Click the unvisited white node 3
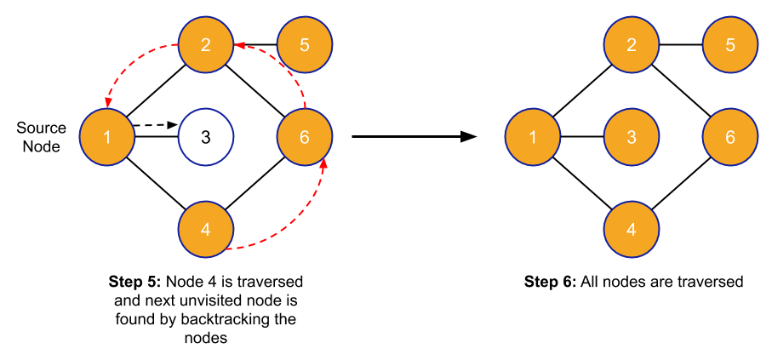point(206,136)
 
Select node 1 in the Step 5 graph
point(106,136)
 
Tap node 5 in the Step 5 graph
point(305,44)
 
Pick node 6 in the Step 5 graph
point(305,136)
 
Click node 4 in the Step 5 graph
point(206,228)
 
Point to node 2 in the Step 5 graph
point(206,44)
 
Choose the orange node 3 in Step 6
point(632,136)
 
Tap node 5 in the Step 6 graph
point(730,44)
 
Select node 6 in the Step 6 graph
point(730,136)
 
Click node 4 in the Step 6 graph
point(632,228)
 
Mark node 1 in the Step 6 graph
point(532,136)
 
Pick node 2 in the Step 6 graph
point(632,44)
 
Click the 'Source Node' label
point(41,137)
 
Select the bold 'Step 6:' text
point(551,282)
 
